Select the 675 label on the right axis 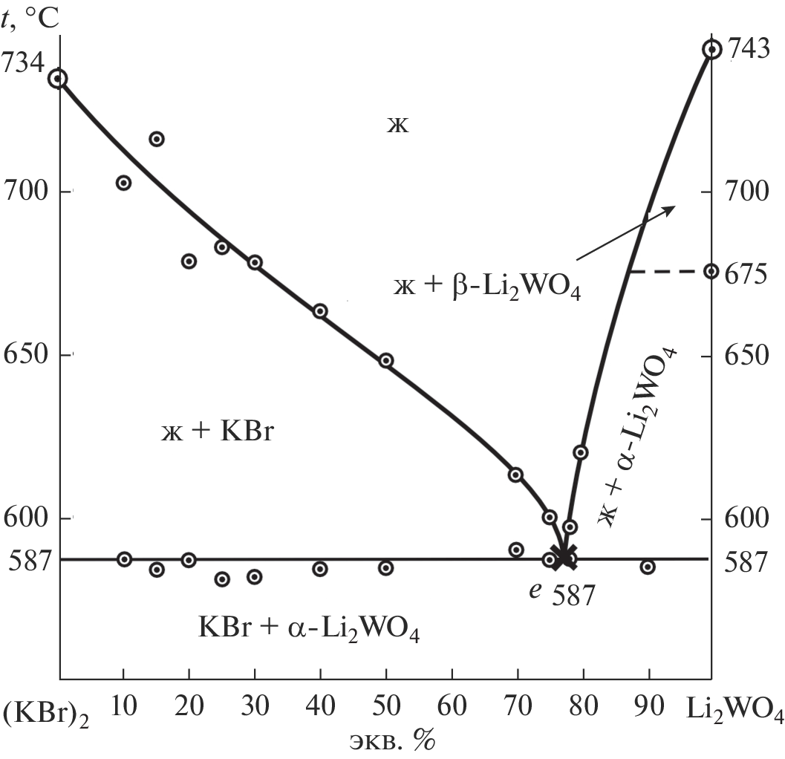(746, 273)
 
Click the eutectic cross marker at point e (564, 556)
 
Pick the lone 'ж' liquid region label (397, 124)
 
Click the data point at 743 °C (711, 49)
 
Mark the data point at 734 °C (58, 78)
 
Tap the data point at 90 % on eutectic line (648, 567)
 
